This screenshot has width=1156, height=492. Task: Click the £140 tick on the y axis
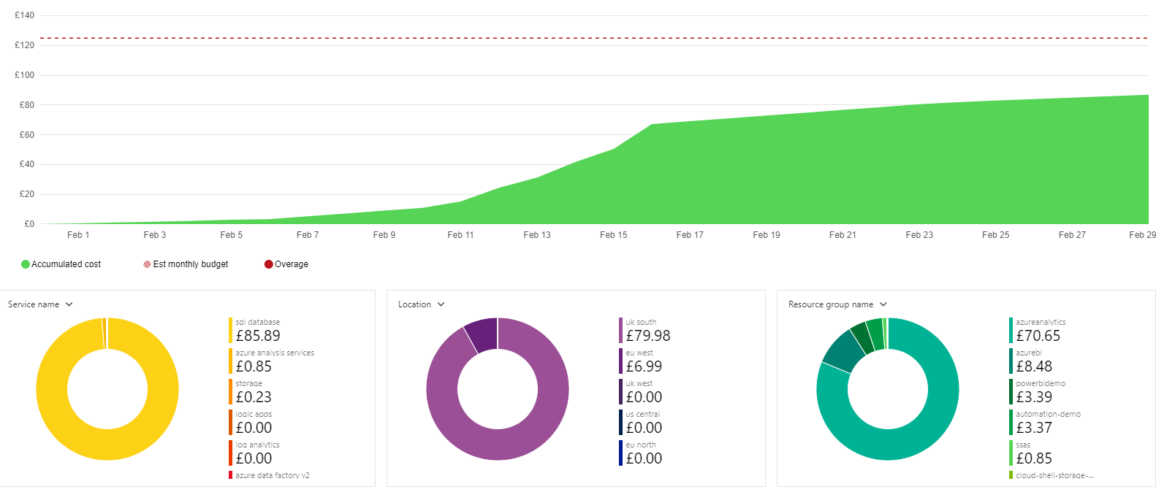click(x=24, y=15)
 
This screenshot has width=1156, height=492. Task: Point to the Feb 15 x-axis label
click(x=613, y=235)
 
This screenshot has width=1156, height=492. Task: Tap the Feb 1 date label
click(x=78, y=235)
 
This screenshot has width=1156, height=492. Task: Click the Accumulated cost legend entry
click(x=61, y=264)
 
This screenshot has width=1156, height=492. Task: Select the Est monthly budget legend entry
click(x=186, y=264)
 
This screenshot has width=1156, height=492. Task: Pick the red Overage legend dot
click(x=268, y=264)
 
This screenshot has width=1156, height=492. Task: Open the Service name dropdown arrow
click(x=69, y=304)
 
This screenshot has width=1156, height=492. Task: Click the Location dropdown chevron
click(x=441, y=304)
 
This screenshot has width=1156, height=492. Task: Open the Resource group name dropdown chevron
click(x=883, y=304)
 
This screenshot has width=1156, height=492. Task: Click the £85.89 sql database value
click(x=258, y=336)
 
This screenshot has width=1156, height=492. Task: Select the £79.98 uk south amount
click(x=648, y=336)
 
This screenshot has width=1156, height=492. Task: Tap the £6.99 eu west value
click(x=644, y=366)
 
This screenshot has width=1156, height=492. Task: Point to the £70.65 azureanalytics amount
click(x=1038, y=336)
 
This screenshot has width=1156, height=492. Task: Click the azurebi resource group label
click(x=1029, y=353)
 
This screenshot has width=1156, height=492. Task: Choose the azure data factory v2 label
click(x=273, y=475)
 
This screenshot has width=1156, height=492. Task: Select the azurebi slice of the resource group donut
click(x=843, y=350)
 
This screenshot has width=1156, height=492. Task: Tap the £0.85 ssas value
click(x=1034, y=458)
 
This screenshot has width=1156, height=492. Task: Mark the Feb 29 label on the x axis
click(x=1142, y=235)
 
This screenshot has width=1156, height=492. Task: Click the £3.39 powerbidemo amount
click(x=1034, y=397)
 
